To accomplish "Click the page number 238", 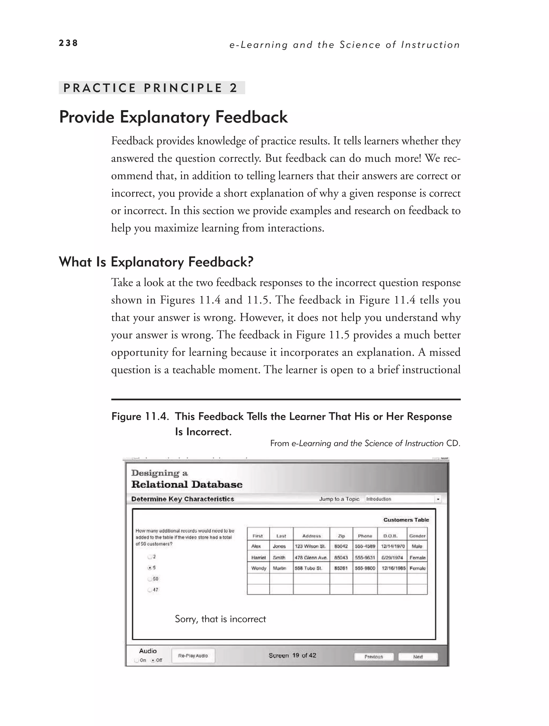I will click(68, 43).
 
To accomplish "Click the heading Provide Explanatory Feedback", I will click(173, 117).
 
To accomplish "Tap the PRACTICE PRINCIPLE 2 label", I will click(151, 88).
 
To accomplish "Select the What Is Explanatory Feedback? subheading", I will click(156, 262).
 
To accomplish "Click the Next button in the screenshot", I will click(418, 657).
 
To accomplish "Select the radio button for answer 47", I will click(150, 590).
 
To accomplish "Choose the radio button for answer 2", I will click(150, 557).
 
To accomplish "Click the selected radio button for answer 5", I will click(150, 567).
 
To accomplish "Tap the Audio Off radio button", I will click(153, 660).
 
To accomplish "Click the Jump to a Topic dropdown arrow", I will click(438, 499).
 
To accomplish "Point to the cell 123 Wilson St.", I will click(310, 546).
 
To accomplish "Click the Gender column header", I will click(417, 536).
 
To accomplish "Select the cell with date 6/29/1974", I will click(392, 558).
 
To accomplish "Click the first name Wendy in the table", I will click(258, 568).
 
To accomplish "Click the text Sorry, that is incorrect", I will click(220, 619).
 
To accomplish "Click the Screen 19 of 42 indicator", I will click(292, 655).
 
